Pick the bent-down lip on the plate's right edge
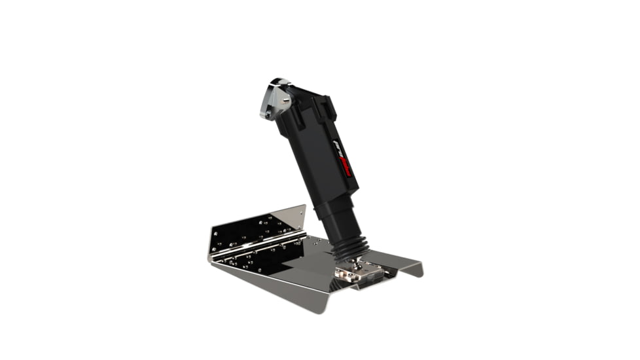click(412, 268)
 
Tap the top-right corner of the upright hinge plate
click(304, 206)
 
